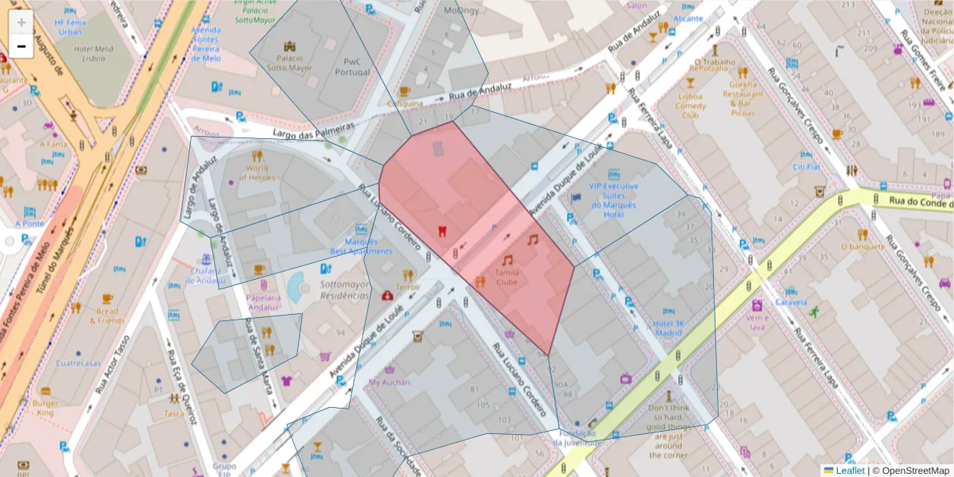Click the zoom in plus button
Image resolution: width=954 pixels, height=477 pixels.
coord(21,22)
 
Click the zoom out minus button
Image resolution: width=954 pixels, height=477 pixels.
coord(21,47)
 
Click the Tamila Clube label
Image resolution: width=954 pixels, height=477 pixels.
coord(506,277)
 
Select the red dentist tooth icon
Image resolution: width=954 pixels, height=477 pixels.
coord(442,231)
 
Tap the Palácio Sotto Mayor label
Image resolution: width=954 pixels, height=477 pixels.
coord(289,63)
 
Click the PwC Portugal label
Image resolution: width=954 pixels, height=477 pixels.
coord(352,67)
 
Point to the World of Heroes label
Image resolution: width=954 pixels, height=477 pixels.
coord(257,173)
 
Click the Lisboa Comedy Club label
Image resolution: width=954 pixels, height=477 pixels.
coord(690,106)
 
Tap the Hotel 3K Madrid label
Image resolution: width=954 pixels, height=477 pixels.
coord(668,328)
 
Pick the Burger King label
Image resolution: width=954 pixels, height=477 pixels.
coord(45,408)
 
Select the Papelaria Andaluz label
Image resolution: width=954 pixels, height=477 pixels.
coord(263,302)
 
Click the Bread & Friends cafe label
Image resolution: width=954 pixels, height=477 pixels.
coord(107,316)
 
